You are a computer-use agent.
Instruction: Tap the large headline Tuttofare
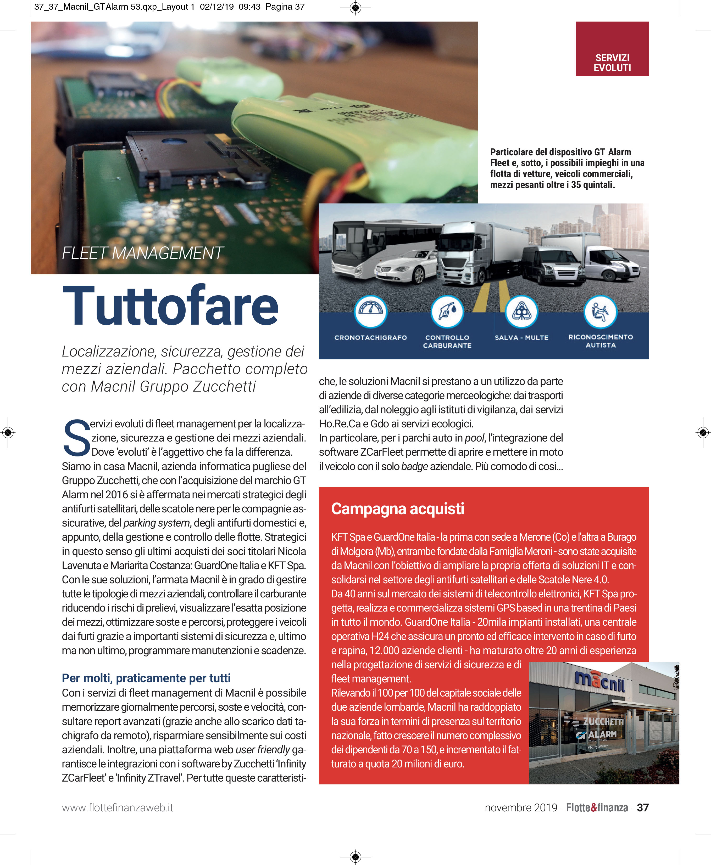170,306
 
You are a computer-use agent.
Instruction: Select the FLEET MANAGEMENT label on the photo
142,253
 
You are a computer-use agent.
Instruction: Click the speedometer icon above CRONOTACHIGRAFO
371,311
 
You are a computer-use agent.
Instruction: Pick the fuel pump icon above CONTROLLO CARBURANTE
447,311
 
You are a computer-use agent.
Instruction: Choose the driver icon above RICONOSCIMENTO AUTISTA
600,311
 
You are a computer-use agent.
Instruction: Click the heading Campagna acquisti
397,508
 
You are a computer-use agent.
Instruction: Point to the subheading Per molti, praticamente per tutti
146,678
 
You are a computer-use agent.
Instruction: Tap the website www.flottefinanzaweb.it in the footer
118,807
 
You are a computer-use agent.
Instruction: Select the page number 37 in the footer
643,807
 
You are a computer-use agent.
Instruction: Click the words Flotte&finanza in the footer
597,807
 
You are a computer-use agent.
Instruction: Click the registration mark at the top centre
355,7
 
